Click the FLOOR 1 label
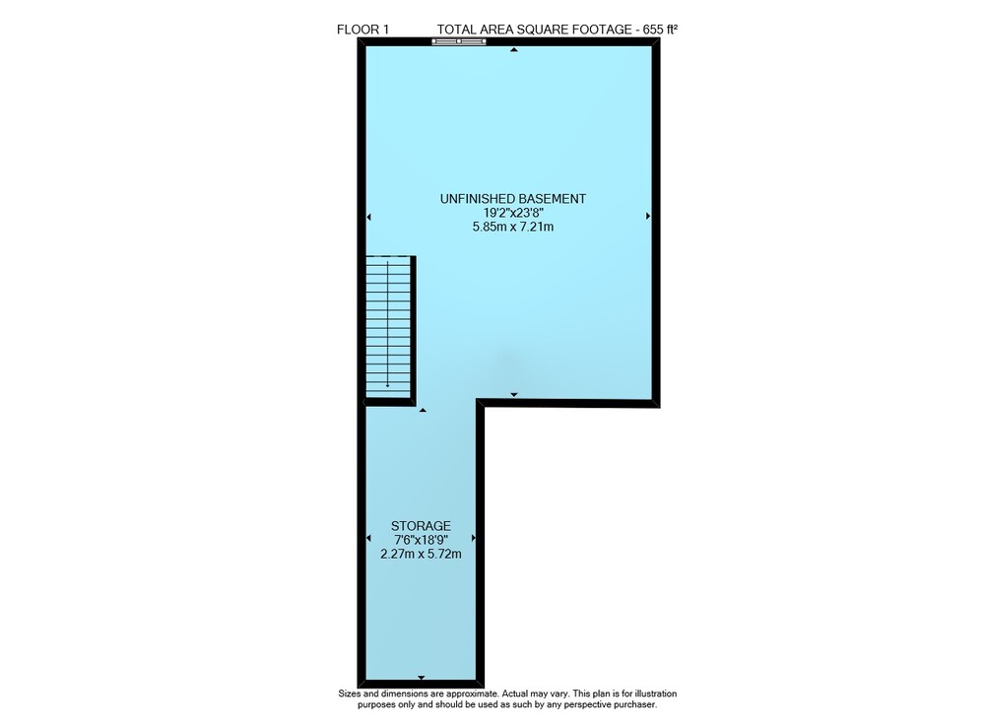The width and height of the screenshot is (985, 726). click(x=363, y=29)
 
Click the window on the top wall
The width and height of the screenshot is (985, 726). click(x=459, y=41)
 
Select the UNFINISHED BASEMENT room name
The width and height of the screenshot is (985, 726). click(x=512, y=198)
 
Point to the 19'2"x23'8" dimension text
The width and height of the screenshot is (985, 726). click(x=512, y=213)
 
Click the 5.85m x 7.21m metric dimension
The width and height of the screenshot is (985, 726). click(x=512, y=227)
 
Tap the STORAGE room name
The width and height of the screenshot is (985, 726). click(x=421, y=526)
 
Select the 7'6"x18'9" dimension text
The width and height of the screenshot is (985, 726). click(x=421, y=540)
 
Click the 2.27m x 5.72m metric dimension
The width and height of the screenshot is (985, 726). click(x=421, y=554)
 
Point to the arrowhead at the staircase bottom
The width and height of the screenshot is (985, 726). click(x=388, y=385)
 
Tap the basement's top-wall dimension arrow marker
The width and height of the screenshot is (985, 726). click(x=514, y=49)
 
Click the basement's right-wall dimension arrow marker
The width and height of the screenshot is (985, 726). click(x=648, y=216)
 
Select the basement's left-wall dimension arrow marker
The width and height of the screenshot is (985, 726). click(x=368, y=217)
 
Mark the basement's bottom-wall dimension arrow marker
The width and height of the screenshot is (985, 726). click(x=514, y=394)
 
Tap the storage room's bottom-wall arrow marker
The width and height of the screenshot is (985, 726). click(x=421, y=678)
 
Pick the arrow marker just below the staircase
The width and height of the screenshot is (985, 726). click(x=423, y=410)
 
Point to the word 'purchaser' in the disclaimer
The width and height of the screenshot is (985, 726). click(x=634, y=704)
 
